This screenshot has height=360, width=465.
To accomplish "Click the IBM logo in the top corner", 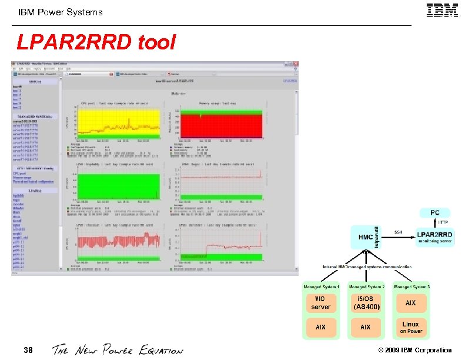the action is click(442, 11).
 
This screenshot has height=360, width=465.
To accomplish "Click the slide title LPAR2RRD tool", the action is click(96, 42).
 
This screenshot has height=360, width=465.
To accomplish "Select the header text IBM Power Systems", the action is click(60, 12).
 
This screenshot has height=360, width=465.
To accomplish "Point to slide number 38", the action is click(28, 351).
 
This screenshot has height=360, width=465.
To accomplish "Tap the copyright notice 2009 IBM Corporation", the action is click(415, 351).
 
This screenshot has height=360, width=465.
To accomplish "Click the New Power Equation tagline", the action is click(118, 351).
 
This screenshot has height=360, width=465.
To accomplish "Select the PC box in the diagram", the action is click(434, 212).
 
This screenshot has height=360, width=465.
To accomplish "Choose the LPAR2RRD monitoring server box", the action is click(435, 237).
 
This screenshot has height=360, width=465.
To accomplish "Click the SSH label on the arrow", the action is click(398, 231).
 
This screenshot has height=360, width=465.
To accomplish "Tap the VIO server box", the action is click(321, 303).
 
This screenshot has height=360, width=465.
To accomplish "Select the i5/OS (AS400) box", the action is click(366, 303).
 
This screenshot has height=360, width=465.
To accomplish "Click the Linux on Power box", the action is click(411, 327).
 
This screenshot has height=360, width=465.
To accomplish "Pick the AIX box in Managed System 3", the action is click(411, 303).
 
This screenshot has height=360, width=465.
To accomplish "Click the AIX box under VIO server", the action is click(321, 327).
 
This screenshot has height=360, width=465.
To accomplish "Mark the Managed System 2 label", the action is click(366, 286).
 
